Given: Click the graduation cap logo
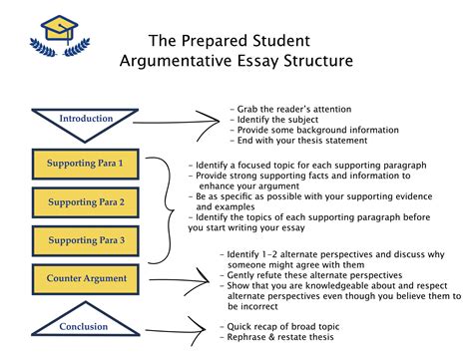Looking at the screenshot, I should pyautogui.click(x=60, y=33).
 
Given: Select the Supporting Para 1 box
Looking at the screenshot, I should pyautogui.click(x=86, y=162).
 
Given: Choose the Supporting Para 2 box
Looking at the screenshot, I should pyautogui.click(x=86, y=201).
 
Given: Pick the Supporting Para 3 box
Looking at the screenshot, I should pyautogui.click(x=86, y=240).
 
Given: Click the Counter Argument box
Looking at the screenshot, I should pyautogui.click(x=86, y=277).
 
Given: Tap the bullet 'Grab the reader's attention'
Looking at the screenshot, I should pyautogui.click(x=290, y=107).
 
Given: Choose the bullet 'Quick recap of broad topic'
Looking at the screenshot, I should pyautogui.click(x=289, y=323).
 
